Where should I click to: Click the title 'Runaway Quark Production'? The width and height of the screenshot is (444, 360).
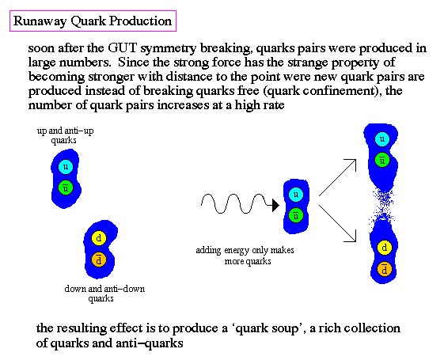click(x=93, y=21)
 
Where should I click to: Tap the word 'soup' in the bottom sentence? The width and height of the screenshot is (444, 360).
click(x=285, y=328)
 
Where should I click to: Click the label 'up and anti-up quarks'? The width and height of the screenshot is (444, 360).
click(x=65, y=135)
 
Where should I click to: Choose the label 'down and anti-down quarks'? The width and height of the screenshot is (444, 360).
click(x=104, y=294)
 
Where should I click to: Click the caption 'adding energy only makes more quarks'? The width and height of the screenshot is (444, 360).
click(x=245, y=256)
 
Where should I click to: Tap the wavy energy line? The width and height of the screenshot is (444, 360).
click(x=237, y=203)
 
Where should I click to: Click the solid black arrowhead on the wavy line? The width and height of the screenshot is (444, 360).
click(x=275, y=205)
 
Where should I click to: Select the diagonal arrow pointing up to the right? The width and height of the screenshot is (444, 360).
click(x=337, y=177)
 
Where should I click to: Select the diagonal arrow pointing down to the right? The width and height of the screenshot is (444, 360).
click(x=337, y=224)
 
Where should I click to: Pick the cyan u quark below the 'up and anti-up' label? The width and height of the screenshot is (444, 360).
click(x=66, y=166)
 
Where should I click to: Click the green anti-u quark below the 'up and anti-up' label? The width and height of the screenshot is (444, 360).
click(x=66, y=188)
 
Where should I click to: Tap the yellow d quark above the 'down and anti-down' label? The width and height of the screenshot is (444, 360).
click(x=99, y=237)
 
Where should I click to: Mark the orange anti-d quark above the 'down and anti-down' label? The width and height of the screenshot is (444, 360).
click(x=99, y=260)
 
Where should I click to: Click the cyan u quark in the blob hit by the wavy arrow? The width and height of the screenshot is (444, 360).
click(x=296, y=195)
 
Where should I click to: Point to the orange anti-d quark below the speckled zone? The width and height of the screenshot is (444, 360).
click(x=385, y=270)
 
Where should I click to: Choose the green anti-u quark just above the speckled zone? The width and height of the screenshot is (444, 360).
click(x=382, y=160)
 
